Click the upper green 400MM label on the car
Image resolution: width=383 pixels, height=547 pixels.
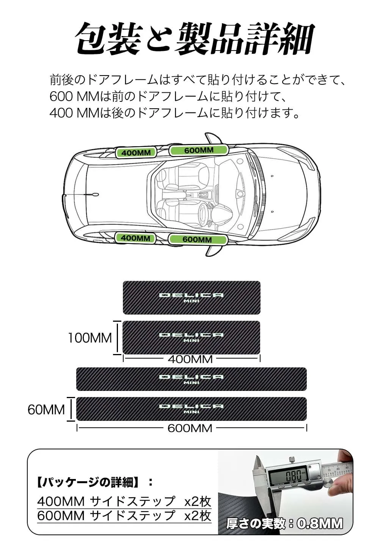[x=136, y=153]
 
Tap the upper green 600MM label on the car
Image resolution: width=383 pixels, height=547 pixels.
[x=199, y=150]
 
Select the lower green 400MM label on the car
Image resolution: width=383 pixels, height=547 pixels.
[x=135, y=238]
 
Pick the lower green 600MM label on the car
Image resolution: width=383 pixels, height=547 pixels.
[x=197, y=239]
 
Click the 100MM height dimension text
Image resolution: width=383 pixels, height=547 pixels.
[x=89, y=338]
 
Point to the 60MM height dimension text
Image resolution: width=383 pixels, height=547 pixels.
[x=46, y=409]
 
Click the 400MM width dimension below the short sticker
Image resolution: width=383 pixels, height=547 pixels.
[x=190, y=359]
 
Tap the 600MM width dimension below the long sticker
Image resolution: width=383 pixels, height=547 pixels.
[x=190, y=428]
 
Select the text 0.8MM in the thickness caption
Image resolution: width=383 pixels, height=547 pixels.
[x=320, y=524]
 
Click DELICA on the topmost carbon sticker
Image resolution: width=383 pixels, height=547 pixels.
[x=191, y=295]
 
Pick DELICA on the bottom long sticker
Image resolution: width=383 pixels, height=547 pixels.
[x=191, y=406]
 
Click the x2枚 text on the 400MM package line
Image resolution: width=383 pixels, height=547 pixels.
[x=197, y=501]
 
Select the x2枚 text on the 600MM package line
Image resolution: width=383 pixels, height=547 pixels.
[x=197, y=515]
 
